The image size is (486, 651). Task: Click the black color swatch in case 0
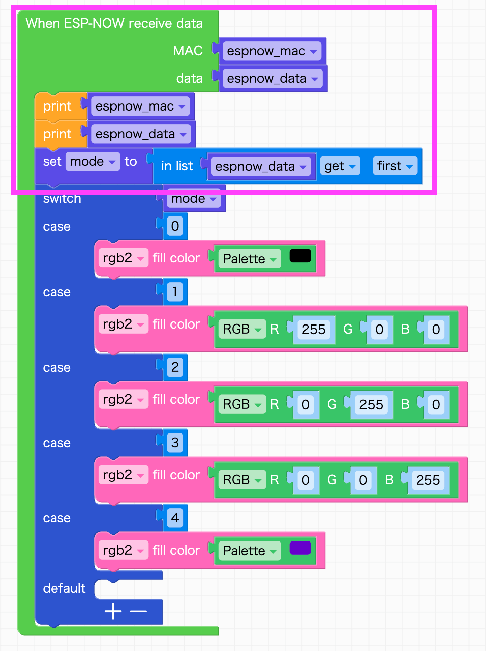point(300,256)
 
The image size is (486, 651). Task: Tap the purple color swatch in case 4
point(300,548)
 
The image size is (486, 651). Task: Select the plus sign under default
point(113,611)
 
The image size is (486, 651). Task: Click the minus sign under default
point(138,611)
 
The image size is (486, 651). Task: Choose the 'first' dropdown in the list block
point(395,166)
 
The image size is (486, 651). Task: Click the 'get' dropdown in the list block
point(340,166)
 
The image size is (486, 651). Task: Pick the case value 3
point(175,443)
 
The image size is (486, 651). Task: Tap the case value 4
point(175,518)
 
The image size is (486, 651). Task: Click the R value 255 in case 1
point(313,329)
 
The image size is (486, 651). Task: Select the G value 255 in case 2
point(371,404)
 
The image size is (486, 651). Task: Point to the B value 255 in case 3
point(428,480)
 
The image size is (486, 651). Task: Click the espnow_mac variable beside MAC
point(272,51)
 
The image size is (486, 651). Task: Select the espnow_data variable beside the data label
point(273,78)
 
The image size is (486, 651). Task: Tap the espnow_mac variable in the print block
point(141,106)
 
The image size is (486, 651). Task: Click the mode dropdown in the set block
point(93,161)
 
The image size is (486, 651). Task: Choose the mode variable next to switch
point(194,198)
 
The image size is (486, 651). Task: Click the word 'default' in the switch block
point(64,588)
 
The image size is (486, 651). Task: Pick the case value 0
point(175,226)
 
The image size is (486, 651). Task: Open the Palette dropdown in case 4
point(250,551)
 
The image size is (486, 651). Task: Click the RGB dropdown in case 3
point(242,480)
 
